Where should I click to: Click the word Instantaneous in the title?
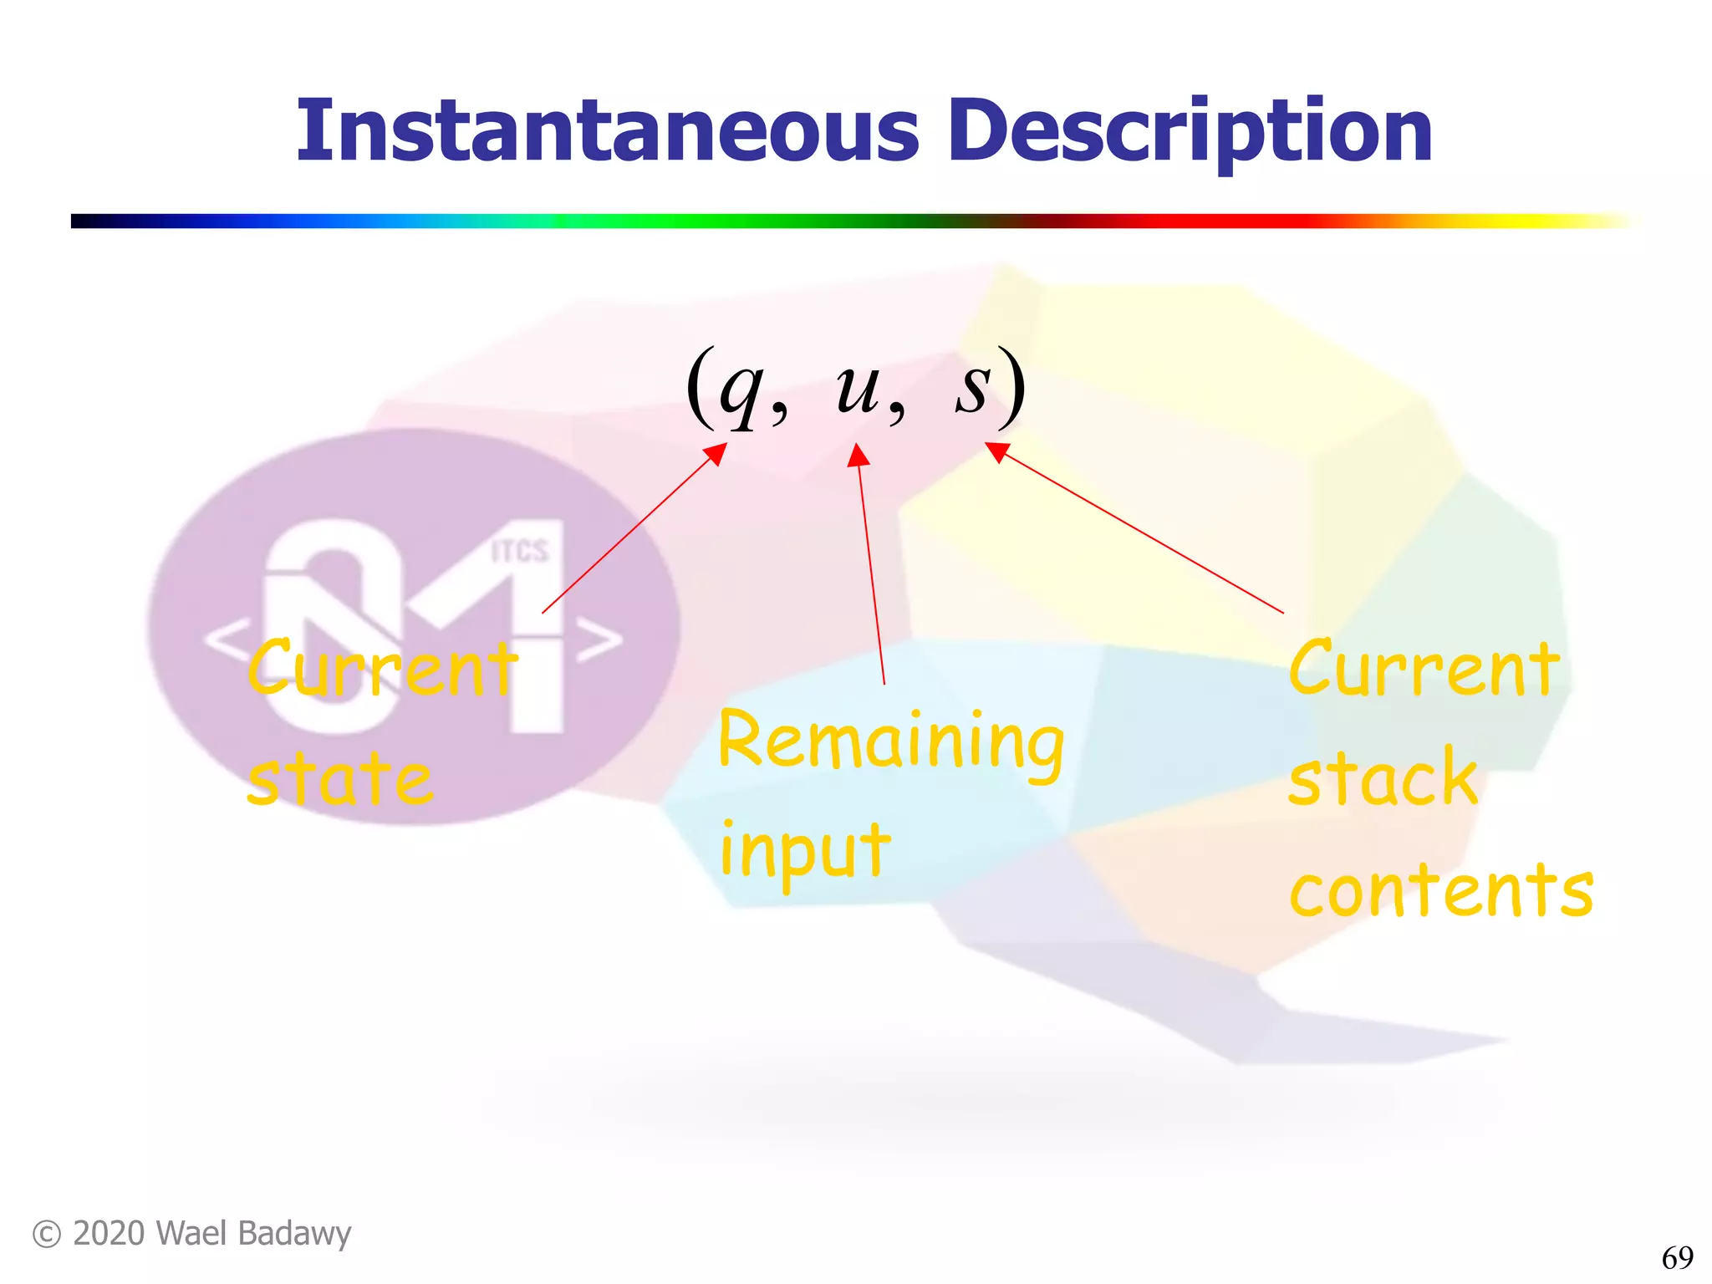(608, 131)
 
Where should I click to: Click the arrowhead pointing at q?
(716, 453)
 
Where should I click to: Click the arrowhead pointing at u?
(858, 456)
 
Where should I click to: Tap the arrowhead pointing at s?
(996, 451)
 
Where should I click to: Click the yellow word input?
(804, 851)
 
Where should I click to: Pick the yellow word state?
(340, 779)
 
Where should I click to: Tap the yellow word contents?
(1441, 891)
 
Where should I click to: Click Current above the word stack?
(1424, 669)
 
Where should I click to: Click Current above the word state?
(382, 669)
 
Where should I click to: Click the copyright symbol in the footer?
(47, 1235)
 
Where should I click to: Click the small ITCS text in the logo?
(519, 552)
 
